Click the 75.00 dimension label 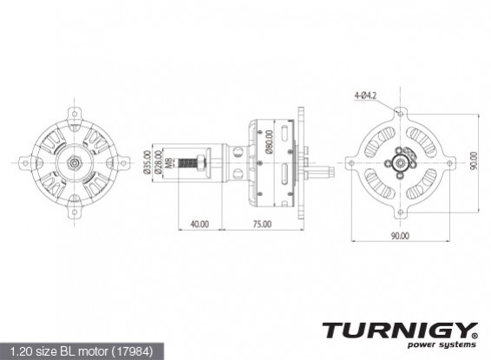coord(261,224)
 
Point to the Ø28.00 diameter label coord(154,161)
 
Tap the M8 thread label coord(164,160)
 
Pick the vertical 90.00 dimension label coord(474,161)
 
